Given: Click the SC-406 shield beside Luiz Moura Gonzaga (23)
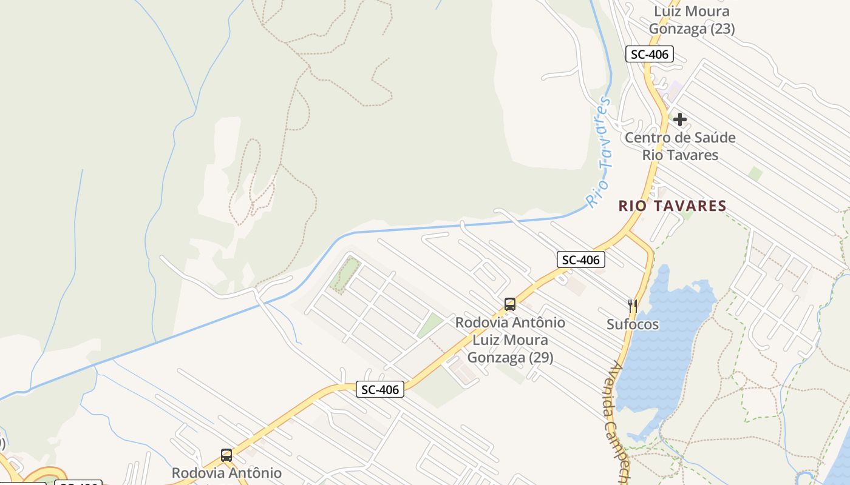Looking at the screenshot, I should point(649,55).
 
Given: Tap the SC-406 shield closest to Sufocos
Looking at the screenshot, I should point(580,260).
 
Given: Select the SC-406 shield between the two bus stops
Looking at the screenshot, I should point(379,390).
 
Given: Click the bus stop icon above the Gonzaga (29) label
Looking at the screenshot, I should point(510,304).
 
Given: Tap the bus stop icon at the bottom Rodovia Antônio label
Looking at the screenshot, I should point(226,455).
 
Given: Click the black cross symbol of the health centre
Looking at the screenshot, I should point(680,119).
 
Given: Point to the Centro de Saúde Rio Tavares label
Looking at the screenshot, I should point(680,146).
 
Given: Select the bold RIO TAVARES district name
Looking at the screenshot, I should point(672,206).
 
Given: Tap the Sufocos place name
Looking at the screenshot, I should point(633,324).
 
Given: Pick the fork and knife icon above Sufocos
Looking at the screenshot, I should point(633,306).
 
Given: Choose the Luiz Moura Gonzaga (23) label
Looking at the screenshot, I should point(692,20).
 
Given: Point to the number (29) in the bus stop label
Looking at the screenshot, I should point(540,358).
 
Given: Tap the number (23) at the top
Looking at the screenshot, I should point(722,28).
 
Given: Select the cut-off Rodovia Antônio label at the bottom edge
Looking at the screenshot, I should point(226,473).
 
